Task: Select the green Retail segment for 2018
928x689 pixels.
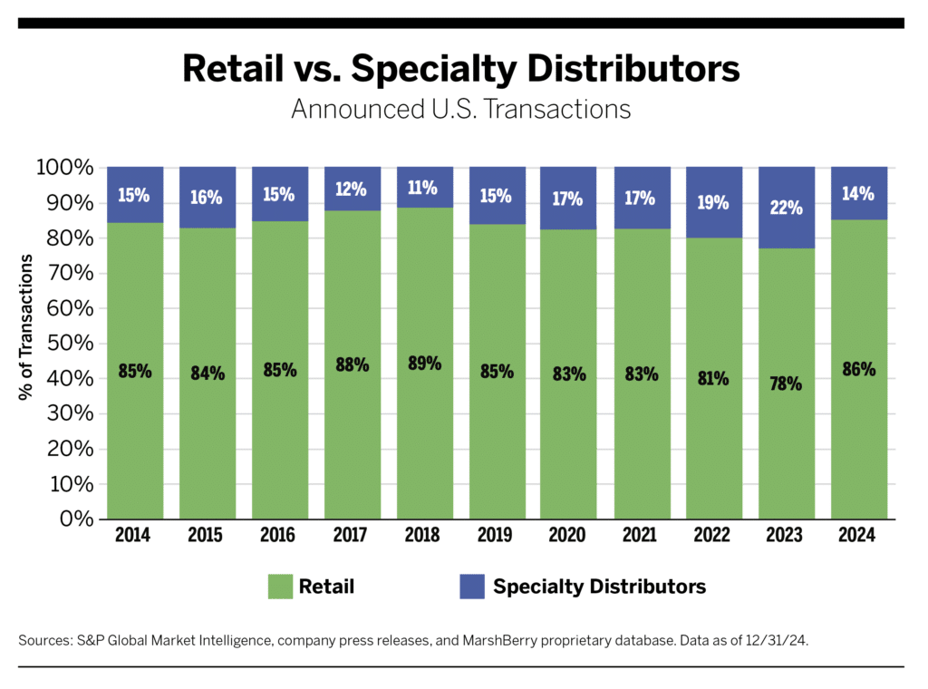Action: (x=424, y=435)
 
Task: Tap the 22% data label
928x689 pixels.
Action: (x=786, y=208)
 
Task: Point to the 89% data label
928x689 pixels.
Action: (x=424, y=364)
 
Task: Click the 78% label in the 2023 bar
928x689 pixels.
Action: (x=786, y=383)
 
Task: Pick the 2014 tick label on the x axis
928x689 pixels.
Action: (x=134, y=535)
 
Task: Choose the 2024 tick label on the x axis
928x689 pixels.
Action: (x=857, y=535)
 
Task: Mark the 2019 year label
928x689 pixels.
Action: (x=496, y=535)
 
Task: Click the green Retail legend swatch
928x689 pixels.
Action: (x=280, y=587)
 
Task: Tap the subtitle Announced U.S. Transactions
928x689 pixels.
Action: (x=460, y=109)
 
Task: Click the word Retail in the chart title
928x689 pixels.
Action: (x=227, y=69)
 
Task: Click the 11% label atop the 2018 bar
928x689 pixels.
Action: (x=424, y=189)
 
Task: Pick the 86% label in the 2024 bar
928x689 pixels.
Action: (x=857, y=370)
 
